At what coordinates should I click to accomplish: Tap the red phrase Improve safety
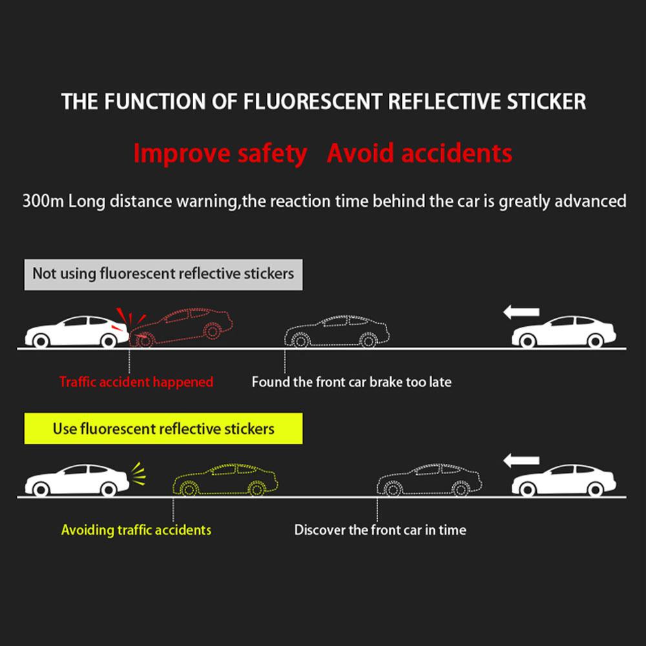(220, 154)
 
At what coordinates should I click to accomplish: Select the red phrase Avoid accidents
(419, 154)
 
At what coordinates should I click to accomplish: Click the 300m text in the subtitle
(43, 201)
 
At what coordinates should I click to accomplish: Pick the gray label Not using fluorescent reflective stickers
(163, 273)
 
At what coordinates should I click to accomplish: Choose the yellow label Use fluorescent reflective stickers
(163, 429)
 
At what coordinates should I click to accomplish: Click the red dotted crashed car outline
(184, 326)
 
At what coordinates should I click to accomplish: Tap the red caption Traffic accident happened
(136, 382)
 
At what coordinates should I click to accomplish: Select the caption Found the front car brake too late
(351, 382)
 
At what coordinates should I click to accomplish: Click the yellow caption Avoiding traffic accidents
(136, 530)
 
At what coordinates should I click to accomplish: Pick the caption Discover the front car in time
(380, 530)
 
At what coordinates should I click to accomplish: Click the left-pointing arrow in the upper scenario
(521, 313)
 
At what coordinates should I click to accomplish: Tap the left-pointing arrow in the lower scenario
(521, 461)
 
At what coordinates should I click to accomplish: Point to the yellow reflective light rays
(138, 473)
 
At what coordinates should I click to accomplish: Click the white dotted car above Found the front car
(337, 331)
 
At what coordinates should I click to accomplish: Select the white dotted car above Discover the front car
(429, 480)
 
